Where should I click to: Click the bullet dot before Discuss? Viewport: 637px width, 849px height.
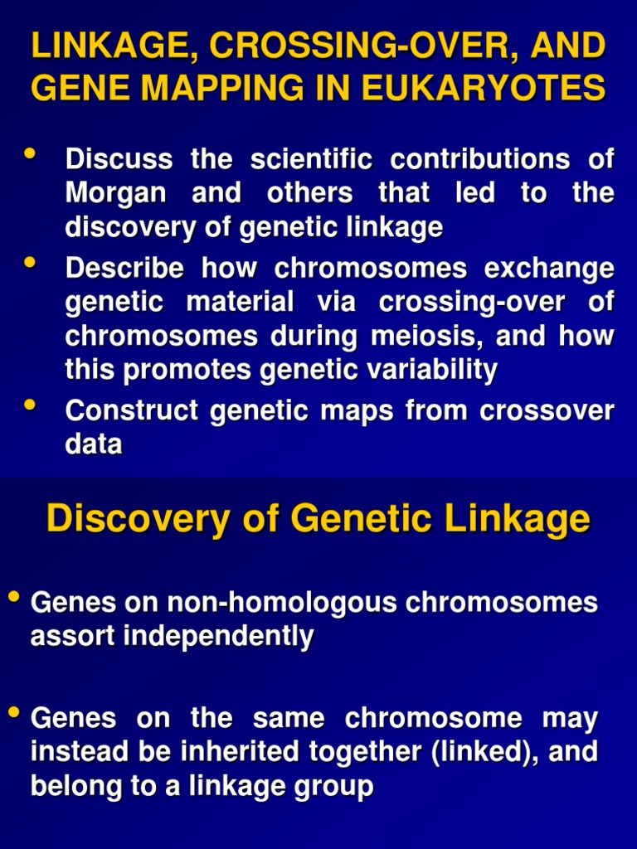(31, 153)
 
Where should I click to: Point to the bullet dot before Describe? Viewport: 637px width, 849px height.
(31, 263)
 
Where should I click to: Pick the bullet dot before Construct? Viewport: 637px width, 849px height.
(31, 405)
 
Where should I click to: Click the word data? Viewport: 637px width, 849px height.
(94, 444)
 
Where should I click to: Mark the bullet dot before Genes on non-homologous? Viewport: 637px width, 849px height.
(13, 597)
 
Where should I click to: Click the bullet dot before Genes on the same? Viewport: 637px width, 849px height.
(13, 712)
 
